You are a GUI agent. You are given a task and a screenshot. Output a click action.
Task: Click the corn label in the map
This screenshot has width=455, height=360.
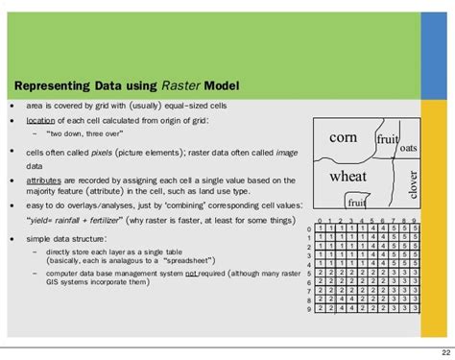point(343,138)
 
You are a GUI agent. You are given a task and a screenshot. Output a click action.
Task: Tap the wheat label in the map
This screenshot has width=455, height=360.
point(347,177)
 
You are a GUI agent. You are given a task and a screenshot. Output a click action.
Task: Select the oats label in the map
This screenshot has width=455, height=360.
point(408,148)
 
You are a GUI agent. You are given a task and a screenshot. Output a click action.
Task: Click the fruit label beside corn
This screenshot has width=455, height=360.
point(387,139)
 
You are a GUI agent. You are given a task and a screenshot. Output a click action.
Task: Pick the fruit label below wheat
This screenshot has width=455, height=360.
point(356,203)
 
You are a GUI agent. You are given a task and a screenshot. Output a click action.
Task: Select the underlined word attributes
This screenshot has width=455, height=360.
point(46,180)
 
